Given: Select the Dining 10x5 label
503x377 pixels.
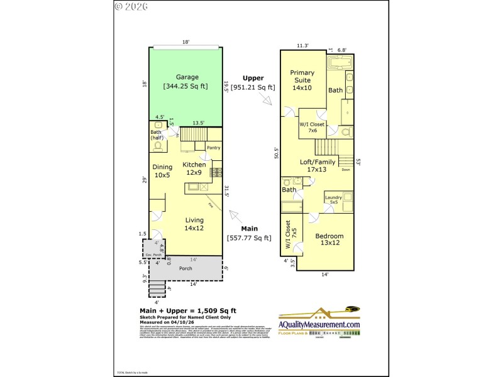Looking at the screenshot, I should pos(162,171).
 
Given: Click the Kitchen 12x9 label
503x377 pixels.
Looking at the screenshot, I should pos(194,168).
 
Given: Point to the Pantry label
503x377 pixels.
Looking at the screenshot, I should pos(213,148).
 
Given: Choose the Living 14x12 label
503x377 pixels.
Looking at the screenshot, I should pos(194,224).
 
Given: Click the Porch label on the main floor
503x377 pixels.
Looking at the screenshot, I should pos(185,268).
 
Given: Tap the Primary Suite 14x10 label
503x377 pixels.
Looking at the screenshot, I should pos(302,80).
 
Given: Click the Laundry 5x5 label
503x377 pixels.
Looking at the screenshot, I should pos(333,200).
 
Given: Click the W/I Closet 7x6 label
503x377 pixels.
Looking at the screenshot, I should pos(312,128).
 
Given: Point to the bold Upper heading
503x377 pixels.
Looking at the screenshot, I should pos(253,79).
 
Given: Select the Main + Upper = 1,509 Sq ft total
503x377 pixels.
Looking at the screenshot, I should pos(187,310).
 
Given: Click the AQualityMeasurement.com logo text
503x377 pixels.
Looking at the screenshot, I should pos(321,324).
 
